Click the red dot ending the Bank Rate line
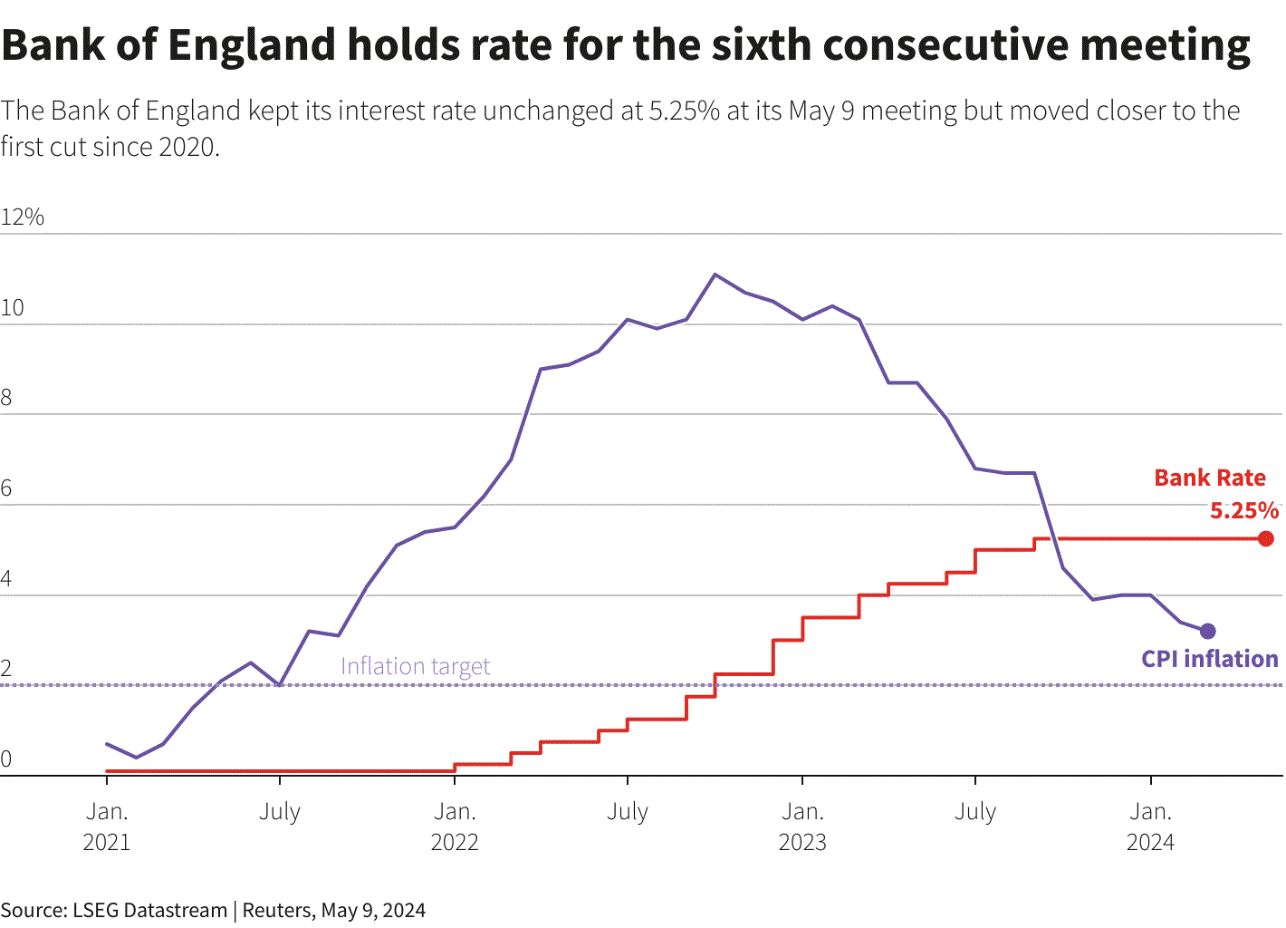pyautogui.click(x=1265, y=538)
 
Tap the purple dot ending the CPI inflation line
pyautogui.click(x=1207, y=631)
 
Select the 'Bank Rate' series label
pyautogui.click(x=1210, y=478)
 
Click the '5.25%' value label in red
pyautogui.click(x=1244, y=510)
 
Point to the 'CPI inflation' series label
pyautogui.click(x=1210, y=659)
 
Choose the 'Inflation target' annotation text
pyautogui.click(x=415, y=666)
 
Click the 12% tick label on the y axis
pyautogui.click(x=23, y=217)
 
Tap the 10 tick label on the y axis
pyautogui.click(x=12, y=308)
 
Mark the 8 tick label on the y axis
pyautogui.click(x=5, y=398)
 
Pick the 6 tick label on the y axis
pyautogui.click(x=5, y=488)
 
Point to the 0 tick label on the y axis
pyautogui.click(x=5, y=759)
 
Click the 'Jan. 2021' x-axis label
pyautogui.click(x=107, y=826)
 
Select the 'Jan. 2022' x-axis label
pyautogui.click(x=455, y=826)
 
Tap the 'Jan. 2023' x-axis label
pyautogui.click(x=802, y=826)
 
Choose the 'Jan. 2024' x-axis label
pyautogui.click(x=1150, y=826)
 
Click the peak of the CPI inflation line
pyautogui.click(x=715, y=274)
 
